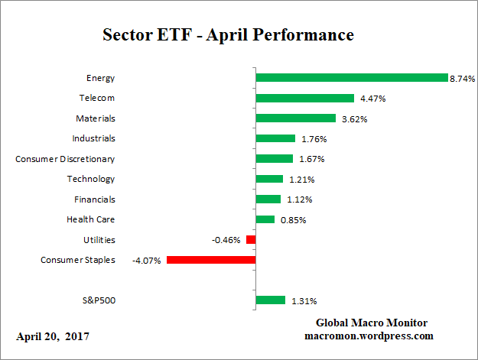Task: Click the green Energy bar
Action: click(x=351, y=78)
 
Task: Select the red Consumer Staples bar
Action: click(x=210, y=260)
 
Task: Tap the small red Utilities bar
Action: click(x=251, y=240)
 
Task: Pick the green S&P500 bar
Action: click(x=270, y=300)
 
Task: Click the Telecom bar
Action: click(x=304, y=98)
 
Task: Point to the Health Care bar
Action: click(x=265, y=219)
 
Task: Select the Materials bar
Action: click(x=295, y=118)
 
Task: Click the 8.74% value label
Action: click(x=463, y=78)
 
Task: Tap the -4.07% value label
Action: click(x=147, y=260)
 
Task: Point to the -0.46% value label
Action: click(x=226, y=240)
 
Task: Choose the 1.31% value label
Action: click(x=303, y=300)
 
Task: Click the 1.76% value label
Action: click(x=313, y=139)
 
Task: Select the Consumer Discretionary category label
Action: click(x=65, y=159)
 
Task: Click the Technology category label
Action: click(x=90, y=179)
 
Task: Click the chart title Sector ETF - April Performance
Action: click(x=228, y=35)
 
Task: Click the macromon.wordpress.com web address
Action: click(x=369, y=336)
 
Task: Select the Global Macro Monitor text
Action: click(x=372, y=323)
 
